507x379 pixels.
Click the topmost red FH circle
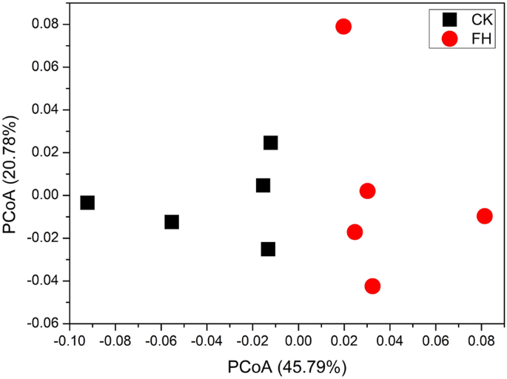click(343, 27)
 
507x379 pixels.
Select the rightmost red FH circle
click(485, 216)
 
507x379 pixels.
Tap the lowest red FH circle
click(372, 286)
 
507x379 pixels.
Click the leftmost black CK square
click(87, 203)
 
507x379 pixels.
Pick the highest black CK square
click(271, 143)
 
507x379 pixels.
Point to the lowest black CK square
click(268, 249)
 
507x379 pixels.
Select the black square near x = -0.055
click(172, 222)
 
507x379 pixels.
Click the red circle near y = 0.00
click(367, 191)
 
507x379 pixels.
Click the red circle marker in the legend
click(449, 38)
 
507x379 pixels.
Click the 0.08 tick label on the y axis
click(46, 24)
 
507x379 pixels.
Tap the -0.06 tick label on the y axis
click(43, 323)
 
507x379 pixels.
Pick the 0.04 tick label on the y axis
click(46, 110)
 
